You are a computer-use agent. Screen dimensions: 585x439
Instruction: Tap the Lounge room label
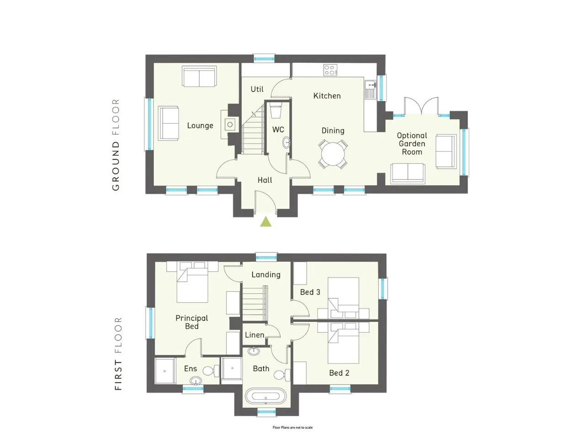200,126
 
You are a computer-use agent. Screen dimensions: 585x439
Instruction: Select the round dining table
333,154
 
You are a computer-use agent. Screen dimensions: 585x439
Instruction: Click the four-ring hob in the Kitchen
330,70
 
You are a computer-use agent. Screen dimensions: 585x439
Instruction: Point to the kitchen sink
371,89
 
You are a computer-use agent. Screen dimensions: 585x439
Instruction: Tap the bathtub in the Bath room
266,396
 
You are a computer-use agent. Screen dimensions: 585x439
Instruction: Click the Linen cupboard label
255,335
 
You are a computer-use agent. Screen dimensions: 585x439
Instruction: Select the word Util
257,89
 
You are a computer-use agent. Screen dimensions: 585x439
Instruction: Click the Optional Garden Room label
412,144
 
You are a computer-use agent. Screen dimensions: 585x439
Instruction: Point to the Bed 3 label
310,292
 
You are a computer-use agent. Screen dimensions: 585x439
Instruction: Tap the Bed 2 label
339,373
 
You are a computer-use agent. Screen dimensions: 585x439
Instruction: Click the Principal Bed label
191,322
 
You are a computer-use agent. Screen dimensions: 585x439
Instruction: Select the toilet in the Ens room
211,370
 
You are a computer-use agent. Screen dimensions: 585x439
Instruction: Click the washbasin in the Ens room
196,380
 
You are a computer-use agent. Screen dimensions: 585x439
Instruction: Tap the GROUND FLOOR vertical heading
116,145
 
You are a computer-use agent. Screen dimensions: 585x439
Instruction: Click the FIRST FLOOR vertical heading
118,353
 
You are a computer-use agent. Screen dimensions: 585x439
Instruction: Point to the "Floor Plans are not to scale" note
292,428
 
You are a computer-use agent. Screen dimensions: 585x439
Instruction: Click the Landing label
266,275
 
